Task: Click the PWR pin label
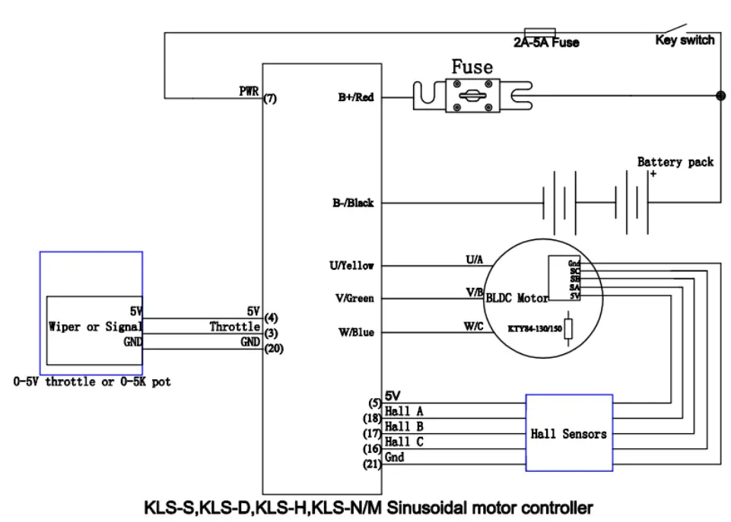[x=249, y=91]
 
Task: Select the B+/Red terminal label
[x=355, y=98]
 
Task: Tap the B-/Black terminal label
[x=352, y=204]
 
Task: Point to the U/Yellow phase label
[x=351, y=266]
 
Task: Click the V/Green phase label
[x=354, y=299]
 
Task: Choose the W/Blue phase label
[x=355, y=333]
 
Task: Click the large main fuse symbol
[x=472, y=97]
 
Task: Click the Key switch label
[x=685, y=40]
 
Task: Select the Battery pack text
[x=675, y=162]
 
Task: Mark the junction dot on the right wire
[x=720, y=96]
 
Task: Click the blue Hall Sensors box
[x=568, y=433]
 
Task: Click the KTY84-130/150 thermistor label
[x=536, y=330]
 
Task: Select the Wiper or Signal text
[x=95, y=327]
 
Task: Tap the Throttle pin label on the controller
[x=235, y=327]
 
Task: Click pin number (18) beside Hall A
[x=373, y=417]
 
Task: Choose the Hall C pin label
[x=404, y=441]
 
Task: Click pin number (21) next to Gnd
[x=373, y=465]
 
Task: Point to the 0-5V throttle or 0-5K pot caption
[x=92, y=381]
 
